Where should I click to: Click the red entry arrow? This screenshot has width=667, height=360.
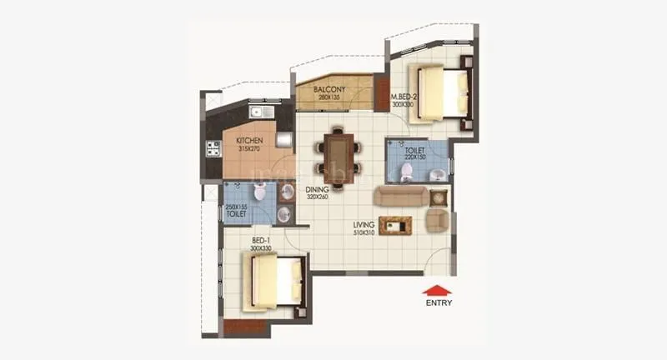(438, 290)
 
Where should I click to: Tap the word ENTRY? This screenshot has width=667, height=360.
(439, 303)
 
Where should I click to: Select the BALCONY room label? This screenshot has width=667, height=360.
(329, 89)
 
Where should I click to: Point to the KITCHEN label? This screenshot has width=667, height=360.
(249, 140)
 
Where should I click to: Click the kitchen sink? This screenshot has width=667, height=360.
(258, 112)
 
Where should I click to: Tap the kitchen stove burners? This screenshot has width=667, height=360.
(213, 150)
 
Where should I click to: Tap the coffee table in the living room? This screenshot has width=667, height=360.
(395, 225)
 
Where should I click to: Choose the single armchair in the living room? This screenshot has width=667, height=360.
(438, 221)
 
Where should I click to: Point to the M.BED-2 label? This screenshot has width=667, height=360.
(404, 97)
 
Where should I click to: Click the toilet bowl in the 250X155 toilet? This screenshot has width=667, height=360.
(259, 194)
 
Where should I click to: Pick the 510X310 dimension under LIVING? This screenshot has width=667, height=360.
(364, 232)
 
